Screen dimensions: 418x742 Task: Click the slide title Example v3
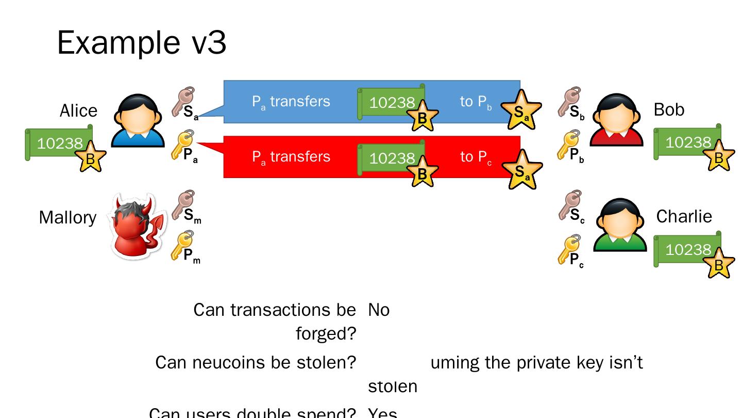coord(142,42)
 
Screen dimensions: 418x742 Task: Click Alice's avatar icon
coord(138,120)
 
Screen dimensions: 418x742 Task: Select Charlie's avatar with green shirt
coord(620,224)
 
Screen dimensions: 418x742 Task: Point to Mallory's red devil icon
coord(137,226)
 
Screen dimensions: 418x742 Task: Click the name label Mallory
coord(68,217)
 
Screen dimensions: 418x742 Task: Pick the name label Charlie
coord(684,216)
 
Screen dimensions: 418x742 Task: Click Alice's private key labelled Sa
coord(183,102)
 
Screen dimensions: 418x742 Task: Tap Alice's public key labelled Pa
coord(183,146)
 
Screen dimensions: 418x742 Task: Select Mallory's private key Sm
coord(184,205)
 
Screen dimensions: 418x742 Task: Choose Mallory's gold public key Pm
coord(183,247)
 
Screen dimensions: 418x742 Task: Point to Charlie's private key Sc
coord(570,205)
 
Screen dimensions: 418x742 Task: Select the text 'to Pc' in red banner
coord(476,157)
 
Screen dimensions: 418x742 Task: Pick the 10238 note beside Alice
coord(59,143)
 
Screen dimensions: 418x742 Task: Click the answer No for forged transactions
coord(379,310)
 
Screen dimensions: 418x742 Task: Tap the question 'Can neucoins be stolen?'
coord(256,363)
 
